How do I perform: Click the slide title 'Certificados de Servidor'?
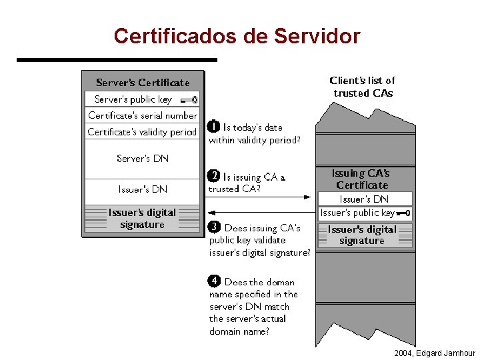click(237, 35)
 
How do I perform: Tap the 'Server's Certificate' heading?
click(142, 83)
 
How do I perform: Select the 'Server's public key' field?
click(133, 99)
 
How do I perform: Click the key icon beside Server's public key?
click(189, 100)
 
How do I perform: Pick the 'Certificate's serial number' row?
click(143, 115)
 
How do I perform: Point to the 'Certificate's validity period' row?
click(143, 132)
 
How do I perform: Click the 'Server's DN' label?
click(143, 159)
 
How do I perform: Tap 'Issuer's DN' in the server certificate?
click(143, 189)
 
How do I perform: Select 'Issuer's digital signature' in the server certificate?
click(142, 219)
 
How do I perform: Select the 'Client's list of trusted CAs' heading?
click(363, 87)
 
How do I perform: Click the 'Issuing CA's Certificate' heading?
click(362, 179)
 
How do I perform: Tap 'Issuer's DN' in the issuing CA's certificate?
click(364, 199)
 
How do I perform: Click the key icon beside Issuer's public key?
click(404, 214)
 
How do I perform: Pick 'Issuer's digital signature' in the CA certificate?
click(362, 235)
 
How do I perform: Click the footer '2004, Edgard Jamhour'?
click(435, 353)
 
